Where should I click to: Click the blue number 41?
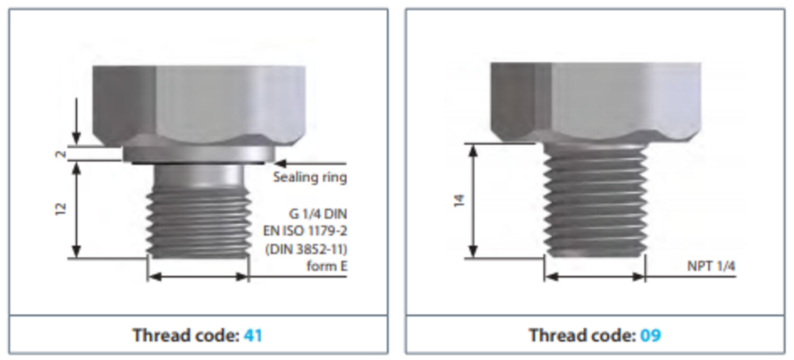(252, 335)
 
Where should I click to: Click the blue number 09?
(651, 335)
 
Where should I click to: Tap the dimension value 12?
(61, 209)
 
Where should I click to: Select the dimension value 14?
(459, 201)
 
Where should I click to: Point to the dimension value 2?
(61, 154)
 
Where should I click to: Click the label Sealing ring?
(310, 177)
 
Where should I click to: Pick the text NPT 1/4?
(711, 266)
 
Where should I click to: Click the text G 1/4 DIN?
(318, 214)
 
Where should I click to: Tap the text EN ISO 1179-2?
(305, 231)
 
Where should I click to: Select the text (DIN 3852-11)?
(306, 249)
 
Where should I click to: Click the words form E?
(327, 266)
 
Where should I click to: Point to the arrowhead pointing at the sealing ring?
(280, 163)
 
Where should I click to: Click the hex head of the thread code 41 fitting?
(199, 105)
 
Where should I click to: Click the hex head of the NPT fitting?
(596, 102)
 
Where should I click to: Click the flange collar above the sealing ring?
(199, 154)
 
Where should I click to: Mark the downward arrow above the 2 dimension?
(76, 121)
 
